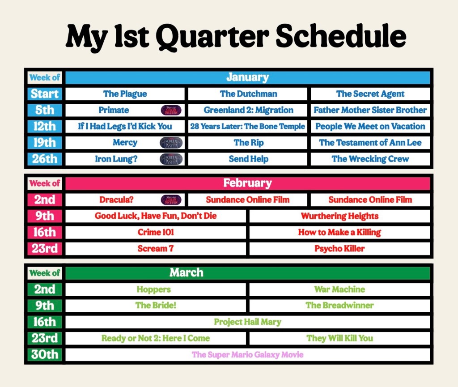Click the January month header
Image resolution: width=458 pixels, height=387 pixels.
[247, 77]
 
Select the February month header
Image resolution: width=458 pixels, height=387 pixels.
[247, 183]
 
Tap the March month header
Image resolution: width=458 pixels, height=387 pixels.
[247, 273]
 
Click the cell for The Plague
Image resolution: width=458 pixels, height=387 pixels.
[125, 94]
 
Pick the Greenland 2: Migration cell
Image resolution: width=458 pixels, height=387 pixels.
[248, 110]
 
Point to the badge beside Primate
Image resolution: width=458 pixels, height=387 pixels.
[171, 110]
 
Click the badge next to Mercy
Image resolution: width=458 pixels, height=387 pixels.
[171, 143]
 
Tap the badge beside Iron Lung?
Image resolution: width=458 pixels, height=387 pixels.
[171, 159]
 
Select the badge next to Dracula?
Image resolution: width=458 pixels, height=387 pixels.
[171, 200]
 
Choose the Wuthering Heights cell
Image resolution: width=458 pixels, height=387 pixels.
[340, 216]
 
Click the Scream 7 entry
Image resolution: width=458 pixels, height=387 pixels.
[156, 249]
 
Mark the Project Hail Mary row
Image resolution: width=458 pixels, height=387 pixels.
[248, 322]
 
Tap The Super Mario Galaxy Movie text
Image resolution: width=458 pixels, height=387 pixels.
[248, 355]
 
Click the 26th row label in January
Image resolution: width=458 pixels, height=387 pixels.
[45, 159]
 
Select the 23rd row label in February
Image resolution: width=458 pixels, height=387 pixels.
[45, 249]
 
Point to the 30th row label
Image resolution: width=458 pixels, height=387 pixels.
[45, 355]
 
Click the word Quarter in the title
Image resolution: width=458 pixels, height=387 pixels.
[212, 37]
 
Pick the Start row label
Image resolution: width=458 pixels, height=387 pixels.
[45, 94]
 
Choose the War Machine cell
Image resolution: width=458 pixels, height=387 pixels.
[340, 289]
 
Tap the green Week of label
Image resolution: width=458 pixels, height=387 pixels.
[45, 273]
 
